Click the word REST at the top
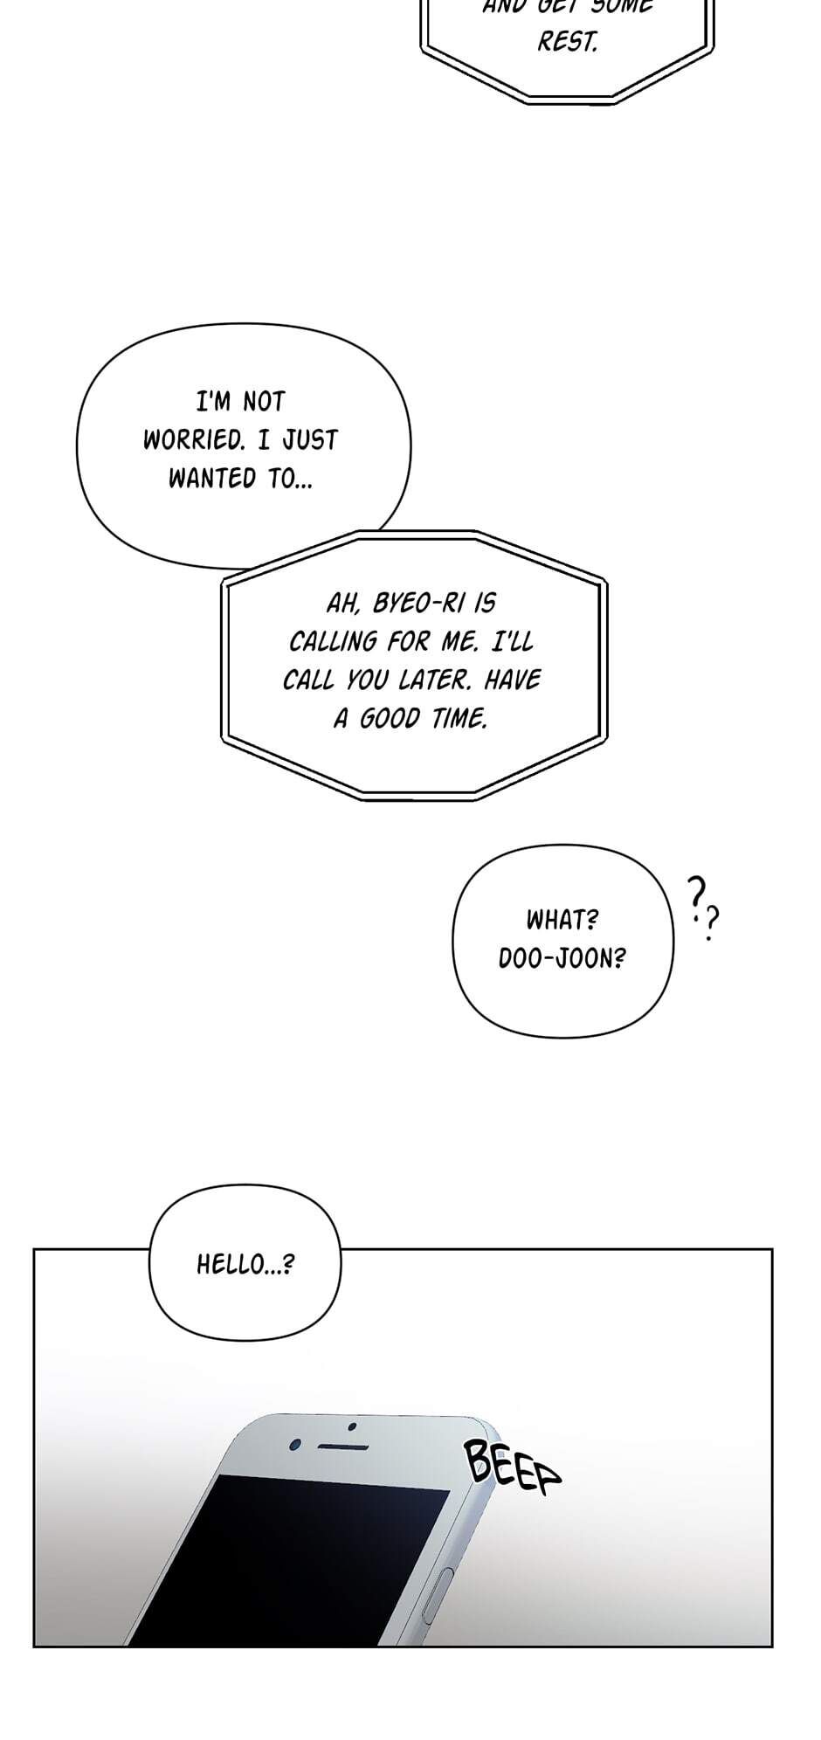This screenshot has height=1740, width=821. pos(567,42)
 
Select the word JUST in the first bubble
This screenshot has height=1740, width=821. pos(309,439)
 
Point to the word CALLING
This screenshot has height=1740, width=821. pos(335,641)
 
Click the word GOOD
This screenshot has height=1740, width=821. pos(390,718)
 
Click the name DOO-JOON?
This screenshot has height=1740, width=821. pos(562,958)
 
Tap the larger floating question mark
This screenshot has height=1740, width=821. pos(696,894)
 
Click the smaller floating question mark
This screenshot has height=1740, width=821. pos(713,922)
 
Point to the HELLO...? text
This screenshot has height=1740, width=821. pos(245,1264)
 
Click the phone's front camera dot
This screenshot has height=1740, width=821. pos(295,1444)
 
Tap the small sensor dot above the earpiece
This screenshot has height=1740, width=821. pos(352,1427)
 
